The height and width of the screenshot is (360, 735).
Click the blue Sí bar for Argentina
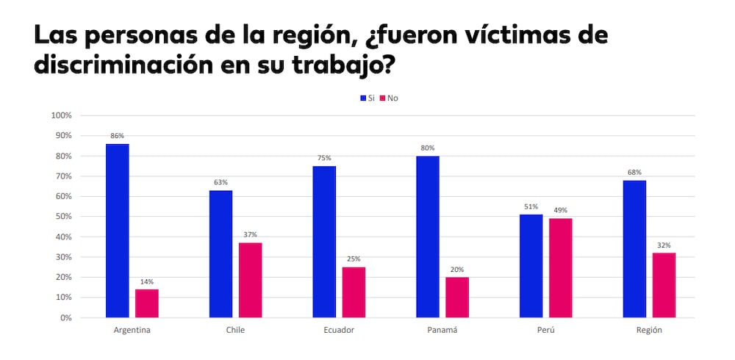coord(117,231)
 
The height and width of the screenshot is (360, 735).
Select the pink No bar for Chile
coord(250,280)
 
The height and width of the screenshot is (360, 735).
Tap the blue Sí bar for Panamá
coord(427,237)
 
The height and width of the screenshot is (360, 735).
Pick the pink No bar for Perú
coord(560,268)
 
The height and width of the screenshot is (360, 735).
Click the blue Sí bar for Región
coord(634,249)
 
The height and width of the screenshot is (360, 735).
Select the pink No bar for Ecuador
coord(354,292)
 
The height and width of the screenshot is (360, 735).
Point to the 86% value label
coord(117,136)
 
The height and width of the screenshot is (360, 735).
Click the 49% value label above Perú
coord(560,210)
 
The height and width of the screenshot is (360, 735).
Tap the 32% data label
coord(664,245)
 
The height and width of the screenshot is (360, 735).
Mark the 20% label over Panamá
coord(457,269)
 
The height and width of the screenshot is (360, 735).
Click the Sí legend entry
coord(367,98)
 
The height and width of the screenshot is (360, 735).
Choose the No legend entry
coord(389,98)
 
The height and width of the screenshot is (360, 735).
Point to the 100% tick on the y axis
coord(61,115)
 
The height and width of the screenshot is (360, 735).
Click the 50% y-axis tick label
coord(62,217)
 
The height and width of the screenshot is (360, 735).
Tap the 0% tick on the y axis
coord(65,318)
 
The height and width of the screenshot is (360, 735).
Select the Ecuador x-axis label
coord(338,330)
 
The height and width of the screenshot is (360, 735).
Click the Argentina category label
coord(132,330)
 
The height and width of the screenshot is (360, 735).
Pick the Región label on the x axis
coord(649,330)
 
